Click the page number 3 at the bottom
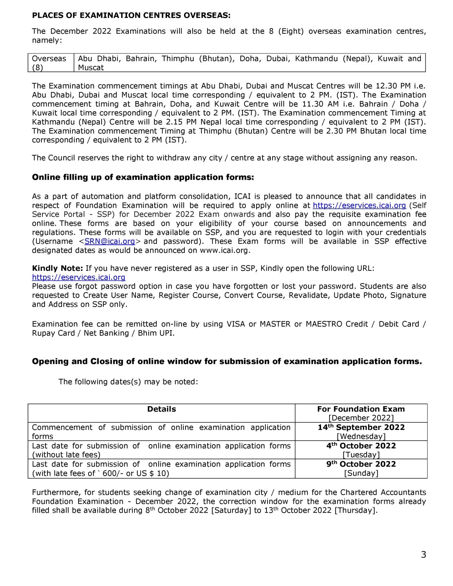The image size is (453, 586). (x=423, y=555)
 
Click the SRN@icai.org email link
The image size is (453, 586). (x=110, y=241)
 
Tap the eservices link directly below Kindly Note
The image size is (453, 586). (x=79, y=277)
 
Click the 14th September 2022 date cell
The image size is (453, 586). (x=361, y=427)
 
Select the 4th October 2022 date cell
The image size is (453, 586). (x=361, y=446)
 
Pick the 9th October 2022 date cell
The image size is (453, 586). (x=361, y=464)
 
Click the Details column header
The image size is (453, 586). (x=161, y=409)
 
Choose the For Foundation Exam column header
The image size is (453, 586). (x=361, y=409)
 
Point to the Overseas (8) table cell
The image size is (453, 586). (x=49, y=63)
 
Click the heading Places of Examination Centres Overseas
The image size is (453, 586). (x=131, y=16)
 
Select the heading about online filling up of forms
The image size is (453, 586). (x=143, y=177)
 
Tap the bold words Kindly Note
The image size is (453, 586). (x=57, y=268)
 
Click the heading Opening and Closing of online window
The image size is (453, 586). (x=227, y=361)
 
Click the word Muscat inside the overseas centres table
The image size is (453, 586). (x=91, y=68)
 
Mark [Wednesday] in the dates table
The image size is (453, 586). (x=361, y=437)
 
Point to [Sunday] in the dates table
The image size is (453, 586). (x=361, y=473)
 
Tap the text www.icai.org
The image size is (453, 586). (x=225, y=251)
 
